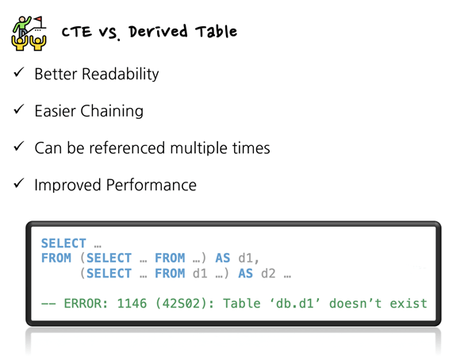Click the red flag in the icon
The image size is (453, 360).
coord(38,20)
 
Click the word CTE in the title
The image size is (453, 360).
coord(77,32)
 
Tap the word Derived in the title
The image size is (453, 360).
coord(158,32)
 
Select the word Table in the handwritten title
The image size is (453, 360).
coord(216,32)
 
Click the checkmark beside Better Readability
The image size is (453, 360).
coord(19,72)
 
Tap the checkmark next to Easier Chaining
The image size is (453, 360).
coord(19,109)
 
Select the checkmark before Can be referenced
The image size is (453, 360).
coord(19,147)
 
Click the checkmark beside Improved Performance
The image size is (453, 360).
coord(19,183)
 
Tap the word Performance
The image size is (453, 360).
coord(152,185)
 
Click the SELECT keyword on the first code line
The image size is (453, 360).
coord(63,243)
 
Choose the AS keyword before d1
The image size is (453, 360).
coord(223,258)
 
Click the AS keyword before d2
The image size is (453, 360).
coord(246,274)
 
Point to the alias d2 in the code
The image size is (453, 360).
coord(268,274)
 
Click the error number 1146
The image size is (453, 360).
coord(132,304)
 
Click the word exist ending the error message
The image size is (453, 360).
coord(409,304)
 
